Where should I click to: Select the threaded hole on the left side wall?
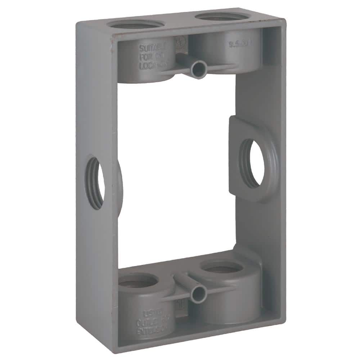pyautogui.click(x=95, y=183)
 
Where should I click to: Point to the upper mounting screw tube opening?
pyautogui.click(x=199, y=67)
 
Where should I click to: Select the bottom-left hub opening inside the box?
pyautogui.click(x=138, y=281)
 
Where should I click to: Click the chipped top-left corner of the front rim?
pyautogui.click(x=116, y=40)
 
